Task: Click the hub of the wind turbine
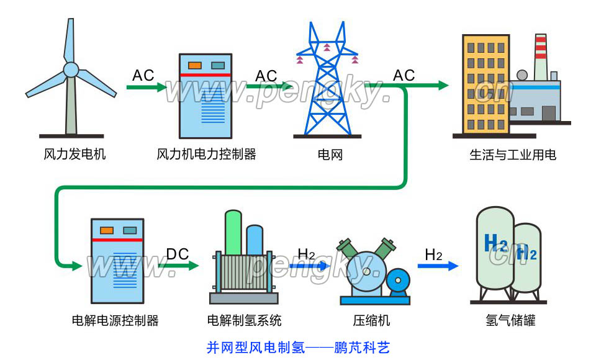tap(71, 68)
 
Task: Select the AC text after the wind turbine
tap(143, 76)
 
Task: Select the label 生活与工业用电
tap(512, 154)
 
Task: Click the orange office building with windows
tap(485, 84)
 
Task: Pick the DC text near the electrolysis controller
tap(178, 254)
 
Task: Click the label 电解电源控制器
tap(115, 321)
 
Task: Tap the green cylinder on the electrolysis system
tap(233, 233)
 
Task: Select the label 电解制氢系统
tap(244, 321)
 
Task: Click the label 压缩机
tap(371, 321)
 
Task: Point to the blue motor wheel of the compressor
tap(397, 283)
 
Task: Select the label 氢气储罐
tap(510, 321)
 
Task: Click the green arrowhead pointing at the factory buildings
tap(443, 86)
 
